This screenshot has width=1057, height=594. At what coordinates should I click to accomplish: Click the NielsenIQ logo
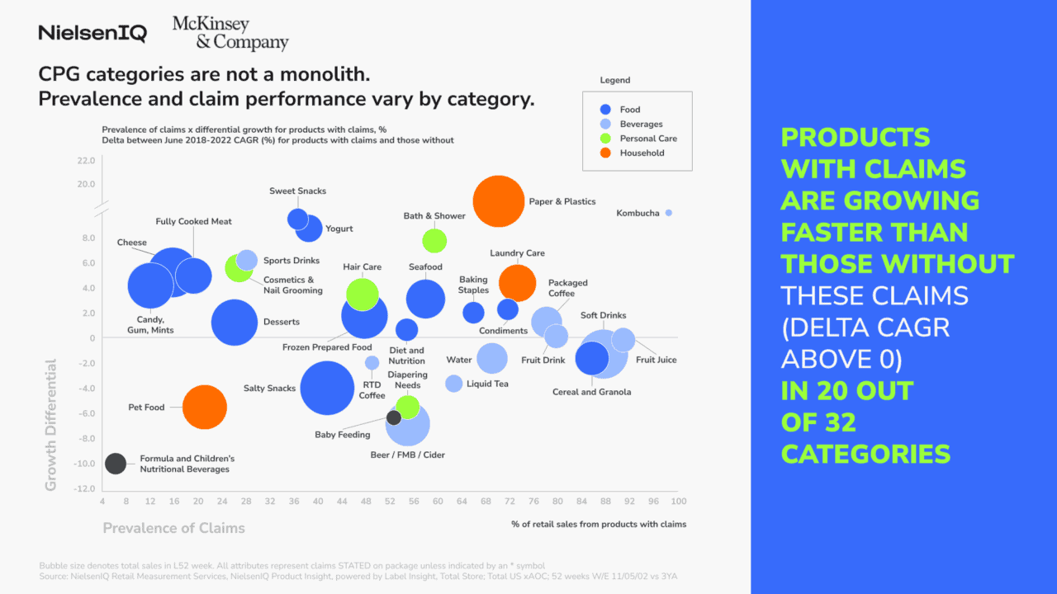pyautogui.click(x=92, y=34)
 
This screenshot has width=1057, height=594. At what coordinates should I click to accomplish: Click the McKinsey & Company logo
pyautogui.click(x=230, y=34)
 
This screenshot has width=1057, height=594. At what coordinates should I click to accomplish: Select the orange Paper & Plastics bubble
pyautogui.click(x=499, y=200)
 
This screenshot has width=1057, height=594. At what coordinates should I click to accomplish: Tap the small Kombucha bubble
pyautogui.click(x=669, y=213)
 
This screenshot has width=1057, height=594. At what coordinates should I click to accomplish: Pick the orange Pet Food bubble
pyautogui.click(x=205, y=408)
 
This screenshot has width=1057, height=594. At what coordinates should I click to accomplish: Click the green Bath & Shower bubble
pyautogui.click(x=434, y=241)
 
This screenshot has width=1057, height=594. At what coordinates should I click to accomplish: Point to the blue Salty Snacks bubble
pyautogui.click(x=327, y=388)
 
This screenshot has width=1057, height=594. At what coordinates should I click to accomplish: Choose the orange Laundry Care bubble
pyautogui.click(x=518, y=283)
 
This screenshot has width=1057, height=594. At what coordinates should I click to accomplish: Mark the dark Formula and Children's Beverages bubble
pyautogui.click(x=116, y=464)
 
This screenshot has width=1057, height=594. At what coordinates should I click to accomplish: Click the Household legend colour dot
pyautogui.click(x=605, y=153)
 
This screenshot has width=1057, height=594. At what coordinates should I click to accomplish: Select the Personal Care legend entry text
pyautogui.click(x=648, y=139)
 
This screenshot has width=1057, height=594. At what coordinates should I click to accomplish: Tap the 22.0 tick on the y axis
pyautogui.click(x=86, y=160)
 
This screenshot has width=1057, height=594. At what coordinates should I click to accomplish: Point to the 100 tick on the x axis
pyautogui.click(x=678, y=501)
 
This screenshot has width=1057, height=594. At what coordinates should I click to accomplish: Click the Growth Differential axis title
pyautogui.click(x=51, y=425)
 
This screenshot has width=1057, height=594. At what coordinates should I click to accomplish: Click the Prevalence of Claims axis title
pyautogui.click(x=173, y=528)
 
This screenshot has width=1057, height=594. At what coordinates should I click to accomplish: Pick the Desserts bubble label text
pyautogui.click(x=281, y=322)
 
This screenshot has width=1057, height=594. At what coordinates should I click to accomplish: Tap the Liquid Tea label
pyautogui.click(x=487, y=384)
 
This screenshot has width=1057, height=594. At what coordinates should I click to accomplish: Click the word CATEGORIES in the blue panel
pyautogui.click(x=865, y=454)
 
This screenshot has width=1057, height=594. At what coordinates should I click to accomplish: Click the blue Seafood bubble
pyautogui.click(x=426, y=299)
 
